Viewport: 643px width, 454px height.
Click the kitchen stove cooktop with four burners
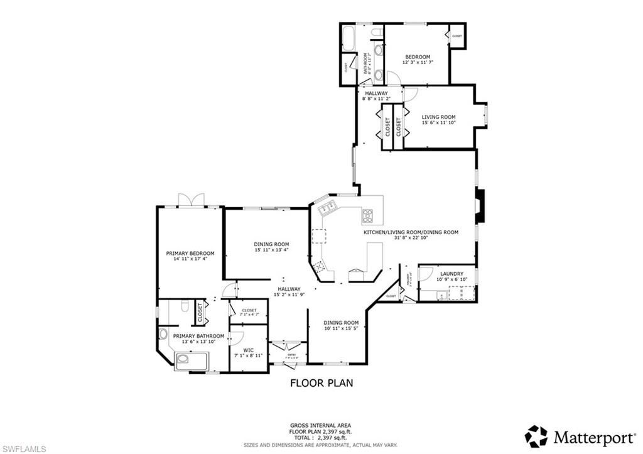pos(368,217)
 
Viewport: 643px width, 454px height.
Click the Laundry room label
pos(451,274)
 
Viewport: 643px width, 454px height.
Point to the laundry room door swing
pos(424,274)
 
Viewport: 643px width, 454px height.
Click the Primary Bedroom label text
pos(190,254)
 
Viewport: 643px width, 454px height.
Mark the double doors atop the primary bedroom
pos(191,200)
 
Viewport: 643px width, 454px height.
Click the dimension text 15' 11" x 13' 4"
pos(271,250)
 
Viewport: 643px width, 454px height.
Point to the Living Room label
pos(438,117)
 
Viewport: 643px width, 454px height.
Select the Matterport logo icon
pos(536,436)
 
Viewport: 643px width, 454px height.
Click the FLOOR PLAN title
pos(321,382)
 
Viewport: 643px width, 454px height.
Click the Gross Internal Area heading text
pos(321,425)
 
